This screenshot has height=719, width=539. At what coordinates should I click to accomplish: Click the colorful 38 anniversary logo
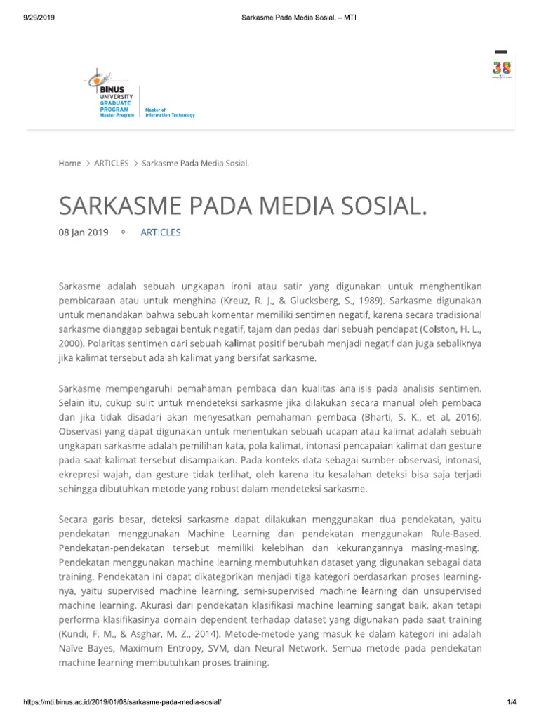click(x=501, y=69)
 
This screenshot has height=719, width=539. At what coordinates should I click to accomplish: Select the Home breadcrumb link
click(x=69, y=163)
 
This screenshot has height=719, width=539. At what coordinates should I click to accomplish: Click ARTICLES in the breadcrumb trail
click(x=112, y=163)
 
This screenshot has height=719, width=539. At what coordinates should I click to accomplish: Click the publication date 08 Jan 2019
click(x=83, y=232)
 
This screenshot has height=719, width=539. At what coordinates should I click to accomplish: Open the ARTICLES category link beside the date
click(x=161, y=232)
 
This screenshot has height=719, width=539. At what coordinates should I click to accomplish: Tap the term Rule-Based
click(x=449, y=534)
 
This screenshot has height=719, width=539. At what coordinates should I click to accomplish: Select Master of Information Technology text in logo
click(x=169, y=112)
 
